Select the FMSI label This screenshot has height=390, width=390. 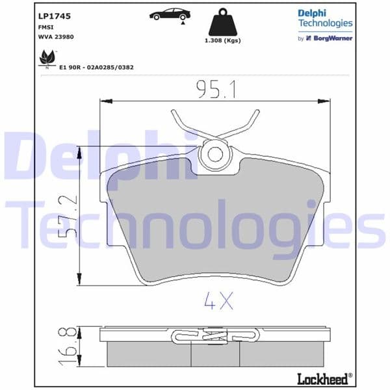[45, 28]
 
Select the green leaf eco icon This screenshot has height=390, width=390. [46, 58]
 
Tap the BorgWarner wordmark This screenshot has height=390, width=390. [334, 38]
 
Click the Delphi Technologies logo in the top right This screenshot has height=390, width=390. [324, 18]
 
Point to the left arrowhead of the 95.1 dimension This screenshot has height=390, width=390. [101, 101]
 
